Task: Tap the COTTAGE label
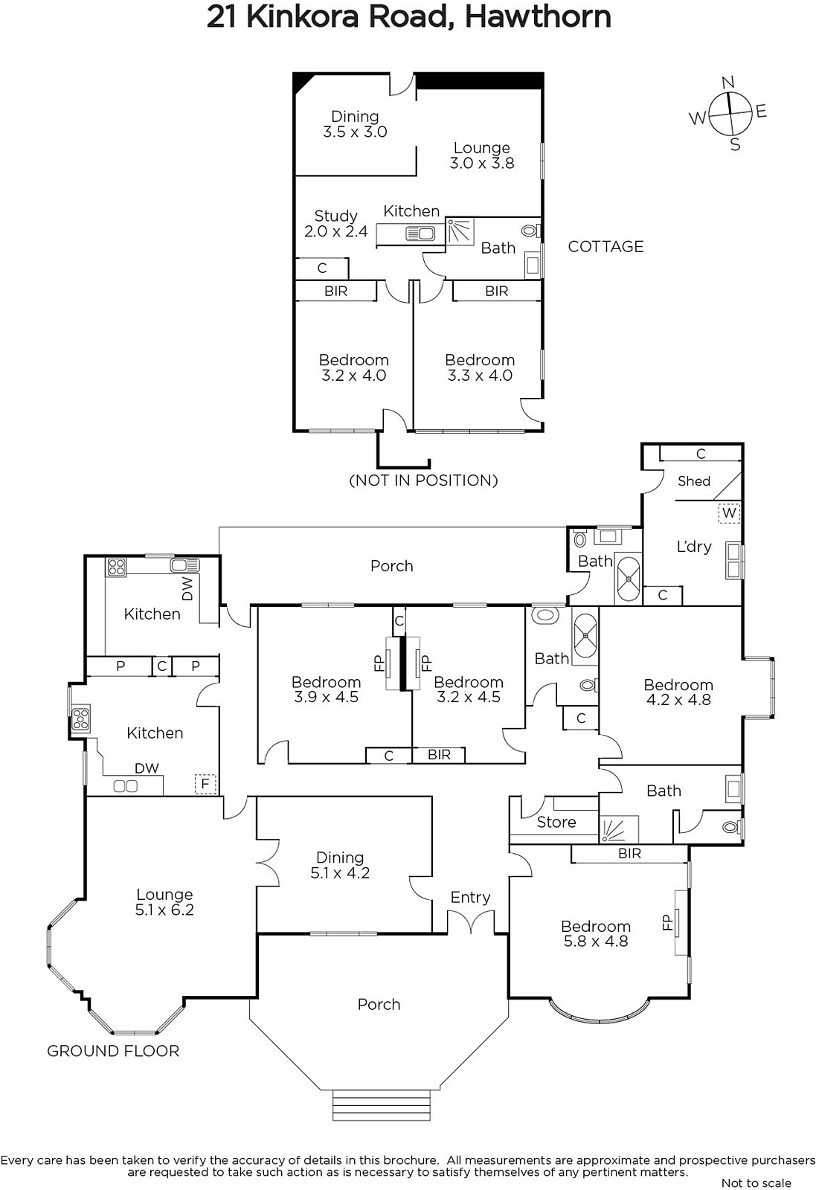605,246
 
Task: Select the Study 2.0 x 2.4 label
335,224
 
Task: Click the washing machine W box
729,513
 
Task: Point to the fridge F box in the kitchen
205,784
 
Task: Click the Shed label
694,480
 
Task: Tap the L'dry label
694,547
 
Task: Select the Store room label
556,822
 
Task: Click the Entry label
470,897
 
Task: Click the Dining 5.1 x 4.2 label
340,866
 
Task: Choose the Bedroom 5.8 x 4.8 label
596,934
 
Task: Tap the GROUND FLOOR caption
113,1051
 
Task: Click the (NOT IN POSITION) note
423,480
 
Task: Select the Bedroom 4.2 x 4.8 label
678,692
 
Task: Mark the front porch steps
381,1105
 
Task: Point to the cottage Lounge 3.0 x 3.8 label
482,155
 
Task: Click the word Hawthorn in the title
538,17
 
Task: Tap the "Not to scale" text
756,1183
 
